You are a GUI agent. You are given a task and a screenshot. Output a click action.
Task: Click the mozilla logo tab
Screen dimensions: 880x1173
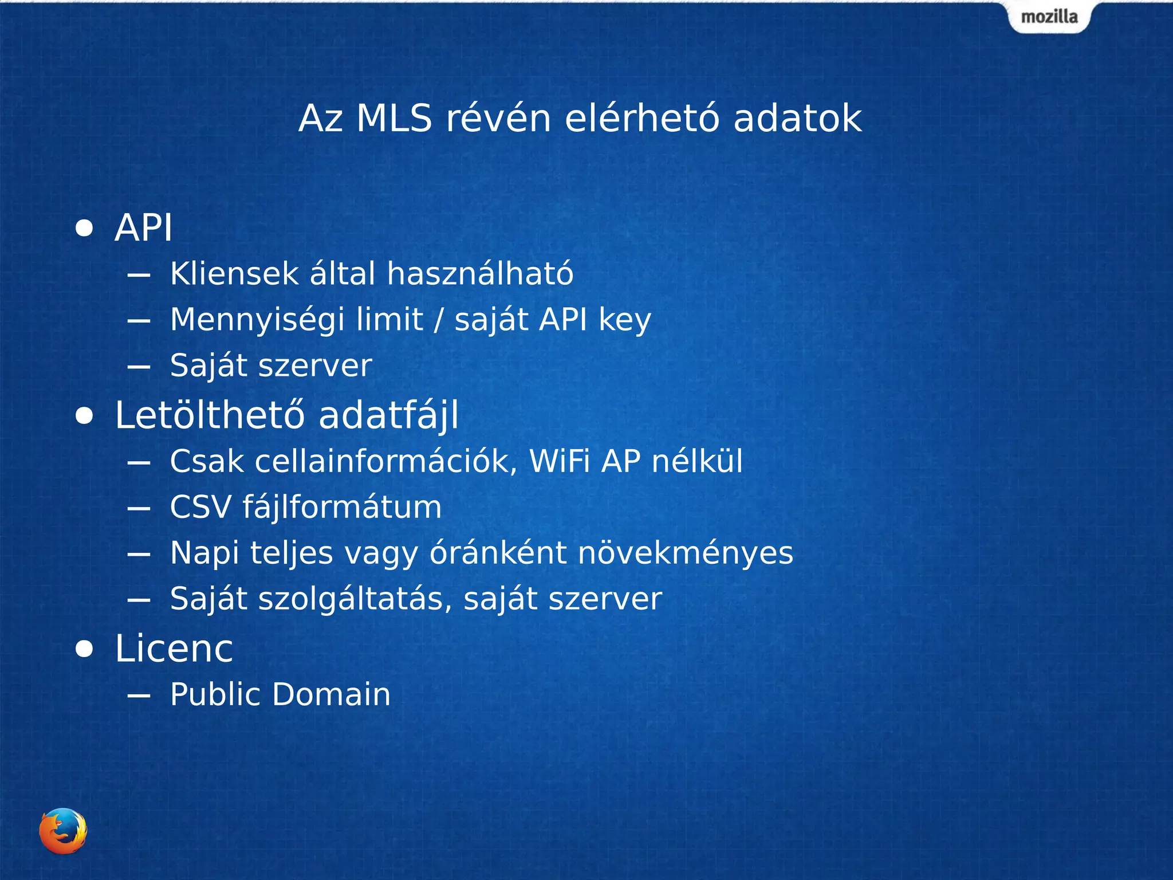pyautogui.click(x=1049, y=17)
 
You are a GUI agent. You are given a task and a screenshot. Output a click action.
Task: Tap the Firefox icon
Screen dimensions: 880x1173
pyautogui.click(x=63, y=831)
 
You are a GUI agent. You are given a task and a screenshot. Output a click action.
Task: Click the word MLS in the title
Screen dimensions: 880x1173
pyautogui.click(x=394, y=119)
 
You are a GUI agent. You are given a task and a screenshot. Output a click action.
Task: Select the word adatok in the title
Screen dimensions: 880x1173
pyautogui.click(x=797, y=119)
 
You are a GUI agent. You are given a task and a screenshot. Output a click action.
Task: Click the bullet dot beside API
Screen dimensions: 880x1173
pyautogui.click(x=84, y=228)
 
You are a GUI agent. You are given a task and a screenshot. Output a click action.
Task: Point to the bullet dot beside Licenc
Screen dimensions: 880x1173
pyautogui.click(x=84, y=649)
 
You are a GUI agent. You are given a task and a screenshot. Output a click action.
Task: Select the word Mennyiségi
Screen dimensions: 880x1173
pyautogui.click(x=257, y=320)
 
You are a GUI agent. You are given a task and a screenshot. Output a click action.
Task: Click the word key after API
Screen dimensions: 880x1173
pyautogui.click(x=625, y=320)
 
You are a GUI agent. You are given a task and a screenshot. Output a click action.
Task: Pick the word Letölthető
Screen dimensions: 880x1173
pyautogui.click(x=210, y=415)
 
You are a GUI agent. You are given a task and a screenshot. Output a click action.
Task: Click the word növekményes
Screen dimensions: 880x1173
pyautogui.click(x=686, y=553)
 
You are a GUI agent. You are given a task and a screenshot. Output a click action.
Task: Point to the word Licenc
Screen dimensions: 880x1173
pyautogui.click(x=174, y=649)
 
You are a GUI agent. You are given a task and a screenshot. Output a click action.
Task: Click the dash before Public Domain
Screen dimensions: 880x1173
pyautogui.click(x=139, y=696)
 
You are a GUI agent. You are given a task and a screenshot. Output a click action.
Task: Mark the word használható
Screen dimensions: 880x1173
pyautogui.click(x=480, y=273)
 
